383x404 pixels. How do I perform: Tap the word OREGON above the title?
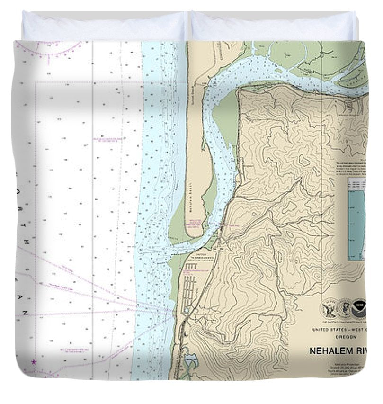pyautogui.click(x=346, y=337)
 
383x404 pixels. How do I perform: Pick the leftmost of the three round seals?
pyautogui.click(x=329, y=308)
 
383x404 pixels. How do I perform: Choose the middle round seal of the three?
pyautogui.click(x=344, y=308)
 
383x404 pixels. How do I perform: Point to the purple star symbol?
pyautogui.click(x=34, y=362)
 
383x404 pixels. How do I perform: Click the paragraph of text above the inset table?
pyautogui.click(x=350, y=168)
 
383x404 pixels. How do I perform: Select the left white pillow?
pyautogui.click(x=104, y=26)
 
